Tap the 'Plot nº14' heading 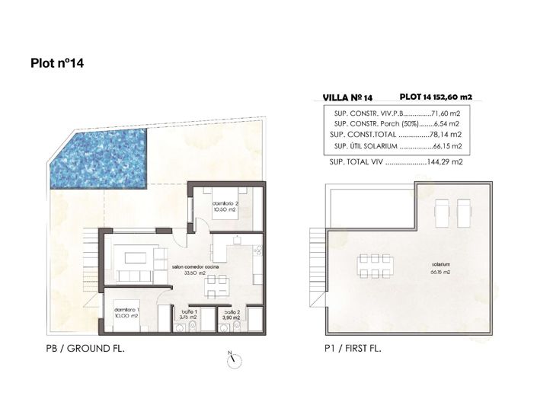pos(57,64)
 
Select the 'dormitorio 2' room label pos(227,206)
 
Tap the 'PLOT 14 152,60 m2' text pos(436,97)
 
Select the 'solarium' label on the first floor pos(440,266)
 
